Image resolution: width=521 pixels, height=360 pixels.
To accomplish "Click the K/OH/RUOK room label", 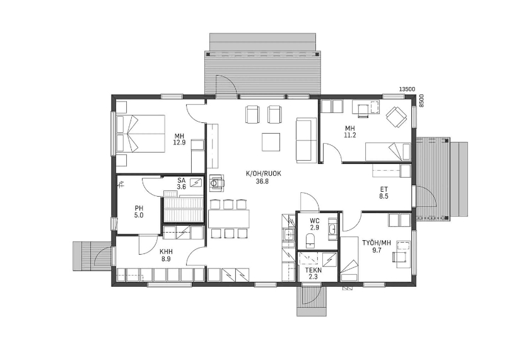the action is click(x=261, y=173).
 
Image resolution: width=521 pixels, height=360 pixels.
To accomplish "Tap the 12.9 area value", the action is click(x=179, y=142).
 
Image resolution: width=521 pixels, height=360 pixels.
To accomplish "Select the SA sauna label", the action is click(x=181, y=181).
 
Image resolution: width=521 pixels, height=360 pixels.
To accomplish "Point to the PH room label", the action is click(x=139, y=209).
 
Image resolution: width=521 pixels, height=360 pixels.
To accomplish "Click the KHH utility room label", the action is click(x=166, y=252).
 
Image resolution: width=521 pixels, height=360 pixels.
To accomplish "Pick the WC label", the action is click(x=315, y=221).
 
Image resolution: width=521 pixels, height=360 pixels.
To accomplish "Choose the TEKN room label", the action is click(x=313, y=270).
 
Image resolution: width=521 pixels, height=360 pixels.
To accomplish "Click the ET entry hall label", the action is click(x=383, y=189).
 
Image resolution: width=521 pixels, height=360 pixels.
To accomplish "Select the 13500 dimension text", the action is click(x=407, y=89).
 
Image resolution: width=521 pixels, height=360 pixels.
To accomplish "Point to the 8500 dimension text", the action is click(x=421, y=101).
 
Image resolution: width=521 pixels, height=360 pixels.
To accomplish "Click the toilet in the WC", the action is click(x=310, y=240).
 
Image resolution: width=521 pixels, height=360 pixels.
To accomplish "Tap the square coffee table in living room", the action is click(x=271, y=142).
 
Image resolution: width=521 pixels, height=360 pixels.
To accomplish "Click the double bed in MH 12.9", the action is click(x=141, y=134).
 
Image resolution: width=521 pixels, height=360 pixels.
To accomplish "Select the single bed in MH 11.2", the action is click(x=388, y=151).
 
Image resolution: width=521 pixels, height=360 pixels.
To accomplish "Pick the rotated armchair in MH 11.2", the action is click(x=396, y=117).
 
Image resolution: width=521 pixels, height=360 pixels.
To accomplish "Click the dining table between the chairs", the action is click(x=229, y=219).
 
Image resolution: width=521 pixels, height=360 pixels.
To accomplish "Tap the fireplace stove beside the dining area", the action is click(x=216, y=183).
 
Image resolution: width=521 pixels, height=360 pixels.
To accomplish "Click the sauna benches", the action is click(x=183, y=209).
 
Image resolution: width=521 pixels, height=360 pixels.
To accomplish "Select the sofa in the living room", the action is click(x=307, y=140).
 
